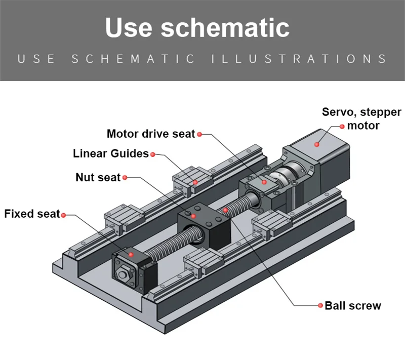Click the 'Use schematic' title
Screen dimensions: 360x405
pyautogui.click(x=197, y=28)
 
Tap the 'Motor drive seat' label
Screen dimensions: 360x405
pyautogui.click(x=150, y=134)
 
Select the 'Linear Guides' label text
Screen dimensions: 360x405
pyautogui.click(x=110, y=153)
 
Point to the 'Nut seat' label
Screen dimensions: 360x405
pyautogui.click(x=98, y=177)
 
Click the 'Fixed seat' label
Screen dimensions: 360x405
pyautogui.click(x=31, y=214)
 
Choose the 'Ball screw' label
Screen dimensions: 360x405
pyautogui.click(x=352, y=306)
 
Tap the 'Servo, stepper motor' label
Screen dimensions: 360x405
pyautogui.click(x=361, y=118)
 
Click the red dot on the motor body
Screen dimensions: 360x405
pyautogui.click(x=317, y=144)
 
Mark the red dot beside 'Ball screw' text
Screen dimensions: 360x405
pyautogui.click(x=320, y=306)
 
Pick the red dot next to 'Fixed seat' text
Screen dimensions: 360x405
pyautogui.click(x=63, y=215)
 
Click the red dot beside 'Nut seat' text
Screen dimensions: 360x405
pyautogui.click(x=125, y=177)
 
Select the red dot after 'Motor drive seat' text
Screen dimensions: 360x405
pyautogui.click(x=199, y=134)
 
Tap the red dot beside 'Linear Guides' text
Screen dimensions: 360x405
pyautogui.click(x=152, y=154)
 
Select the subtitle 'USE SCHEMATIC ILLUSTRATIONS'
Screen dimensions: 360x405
pyautogui.click(x=202, y=59)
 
